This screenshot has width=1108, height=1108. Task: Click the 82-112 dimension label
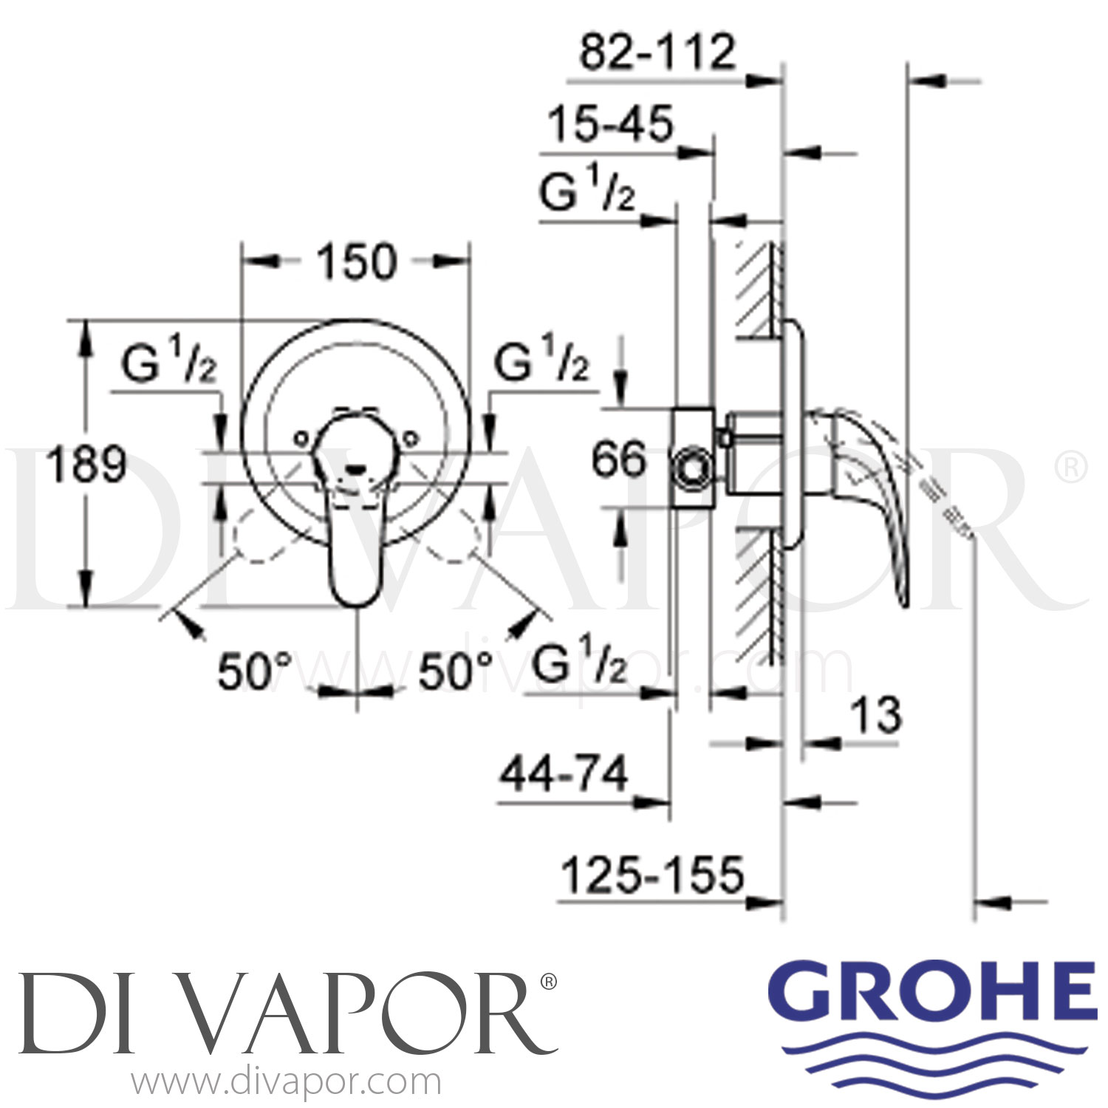click(657, 52)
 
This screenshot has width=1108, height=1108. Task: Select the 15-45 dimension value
click(610, 123)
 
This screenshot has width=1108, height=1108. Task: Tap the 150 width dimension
click(357, 261)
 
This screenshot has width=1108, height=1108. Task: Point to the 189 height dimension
click(86, 465)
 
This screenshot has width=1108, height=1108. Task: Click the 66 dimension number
click(618, 459)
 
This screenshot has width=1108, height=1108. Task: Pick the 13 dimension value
click(876, 715)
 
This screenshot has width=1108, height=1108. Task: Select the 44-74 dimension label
click(564, 775)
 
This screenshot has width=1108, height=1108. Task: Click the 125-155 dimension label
click(652, 876)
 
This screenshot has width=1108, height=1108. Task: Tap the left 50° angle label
click(254, 671)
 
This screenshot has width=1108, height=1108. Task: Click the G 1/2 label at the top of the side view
click(587, 194)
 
